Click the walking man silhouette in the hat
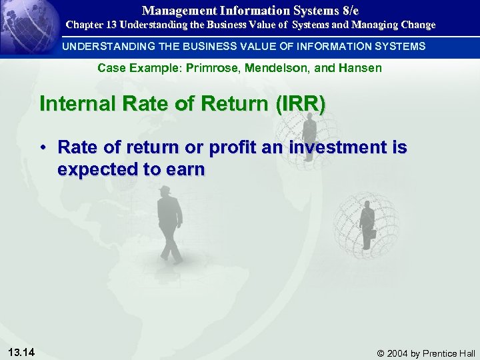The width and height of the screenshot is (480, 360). point(169,223)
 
